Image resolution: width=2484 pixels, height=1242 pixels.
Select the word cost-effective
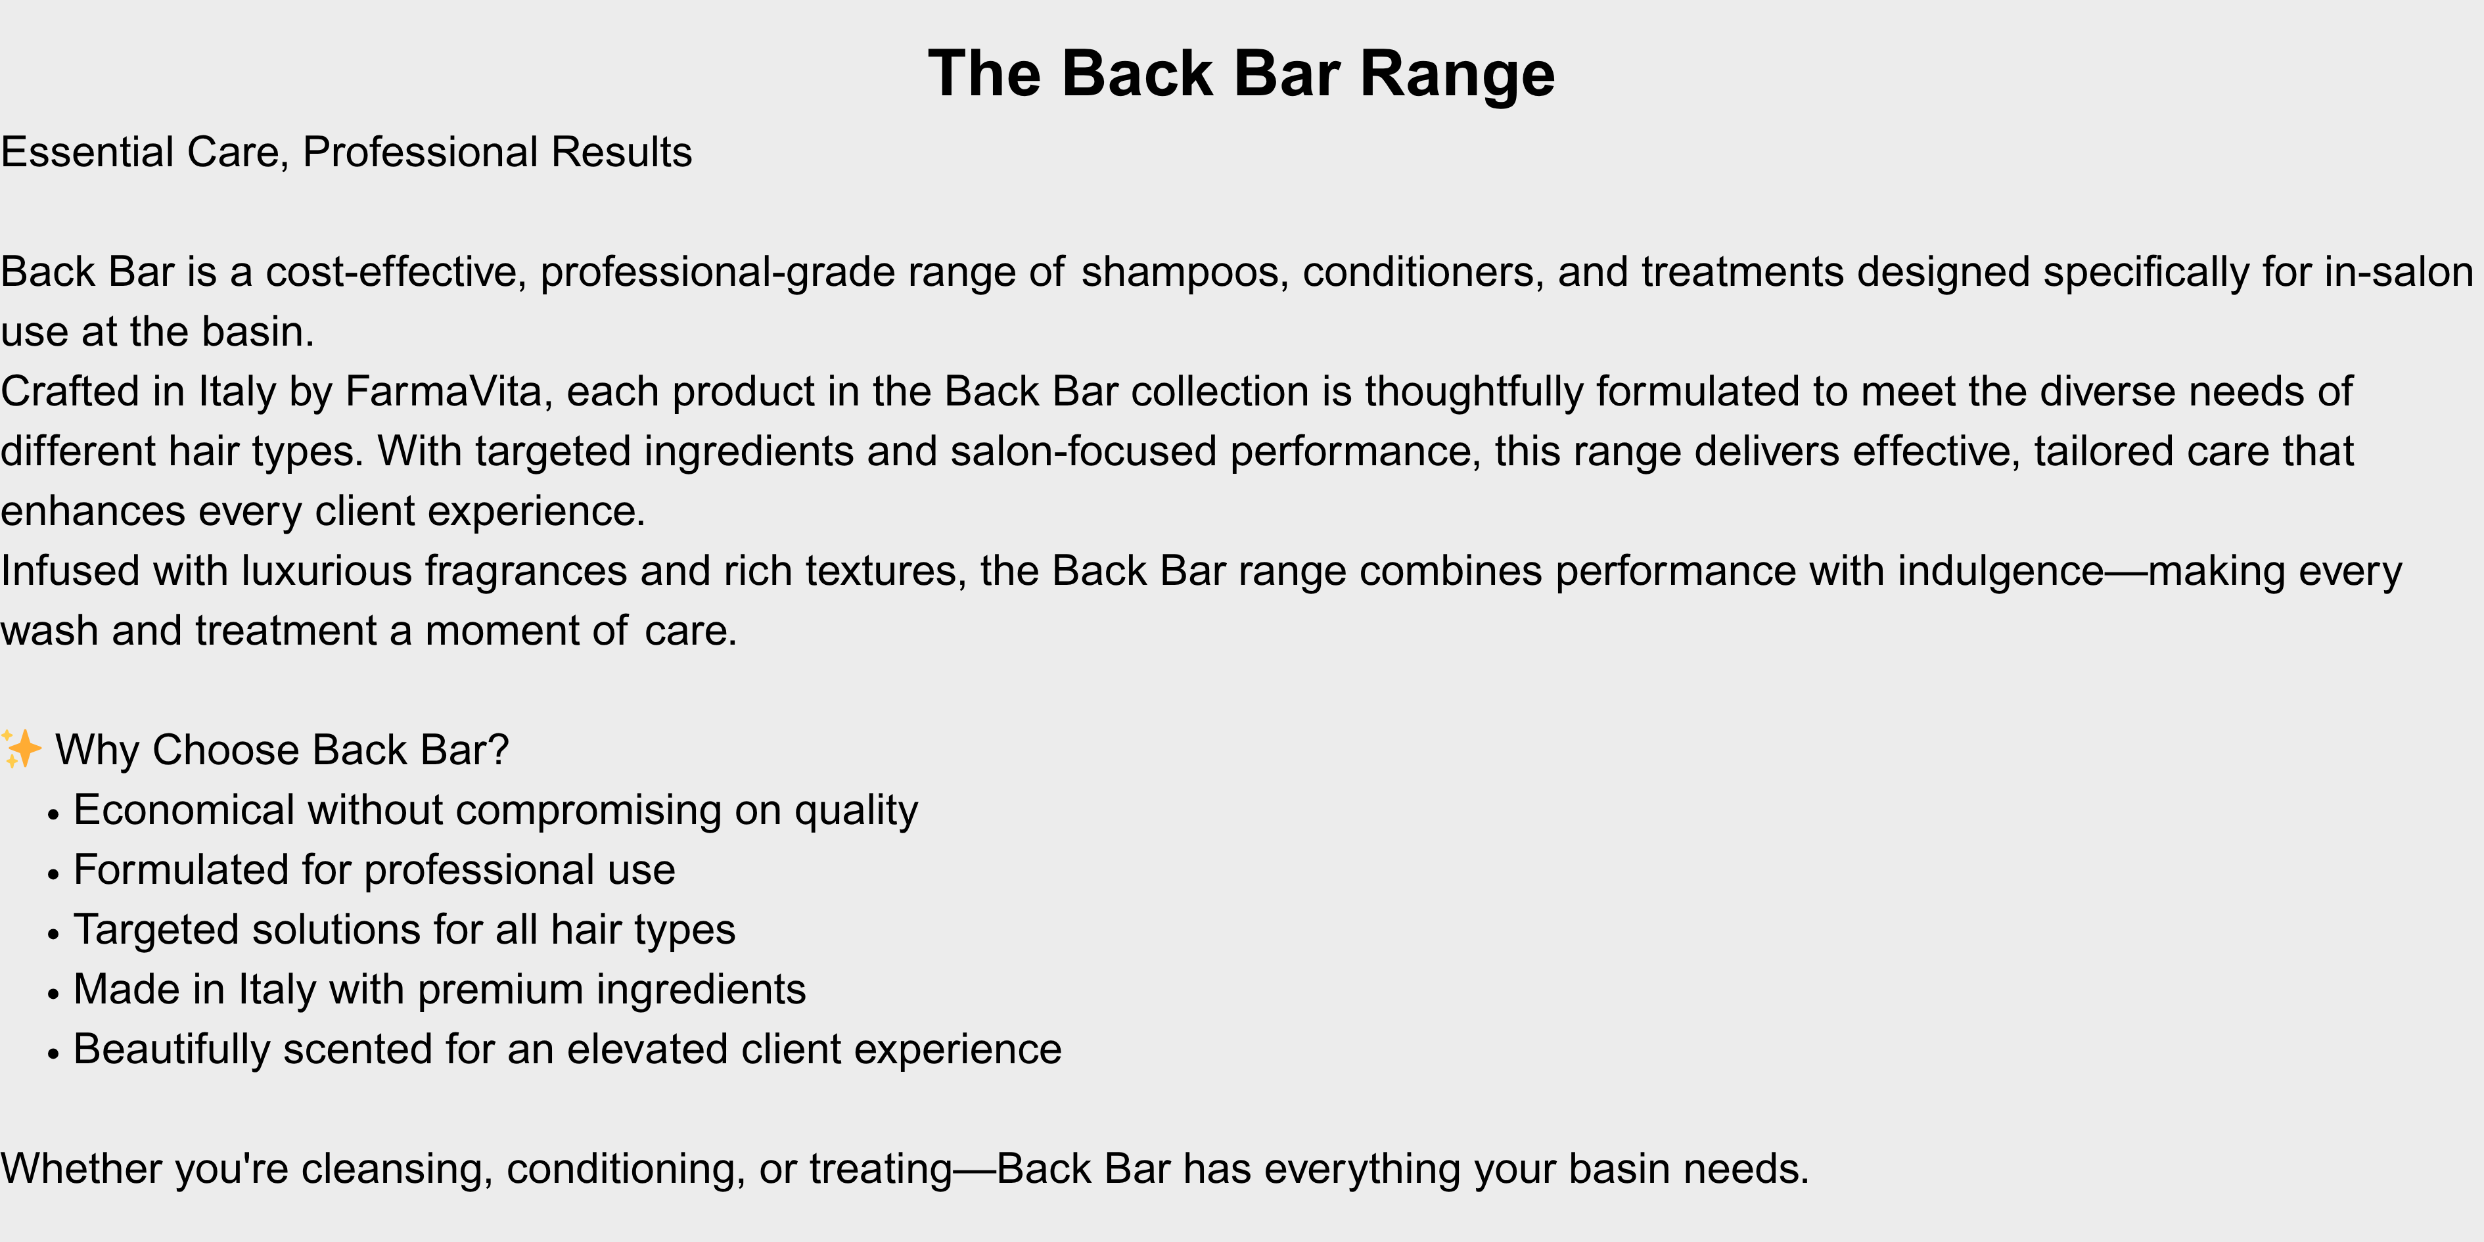[x=396, y=273]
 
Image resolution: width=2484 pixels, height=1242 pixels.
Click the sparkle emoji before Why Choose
[x=21, y=749]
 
